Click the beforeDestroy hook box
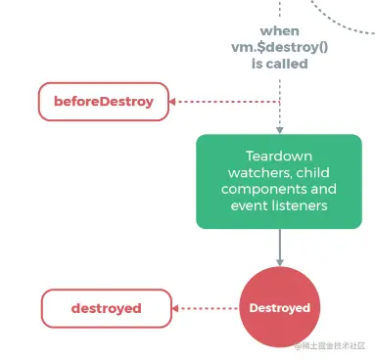(x=102, y=101)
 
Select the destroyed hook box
(x=106, y=308)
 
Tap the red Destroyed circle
(x=279, y=308)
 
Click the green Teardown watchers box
(x=279, y=182)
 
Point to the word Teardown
(x=279, y=156)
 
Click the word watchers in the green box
(x=252, y=172)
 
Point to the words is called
(x=279, y=64)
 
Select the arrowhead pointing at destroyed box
(x=176, y=308)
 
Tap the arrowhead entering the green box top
(x=279, y=129)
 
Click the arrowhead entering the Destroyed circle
(x=279, y=261)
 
